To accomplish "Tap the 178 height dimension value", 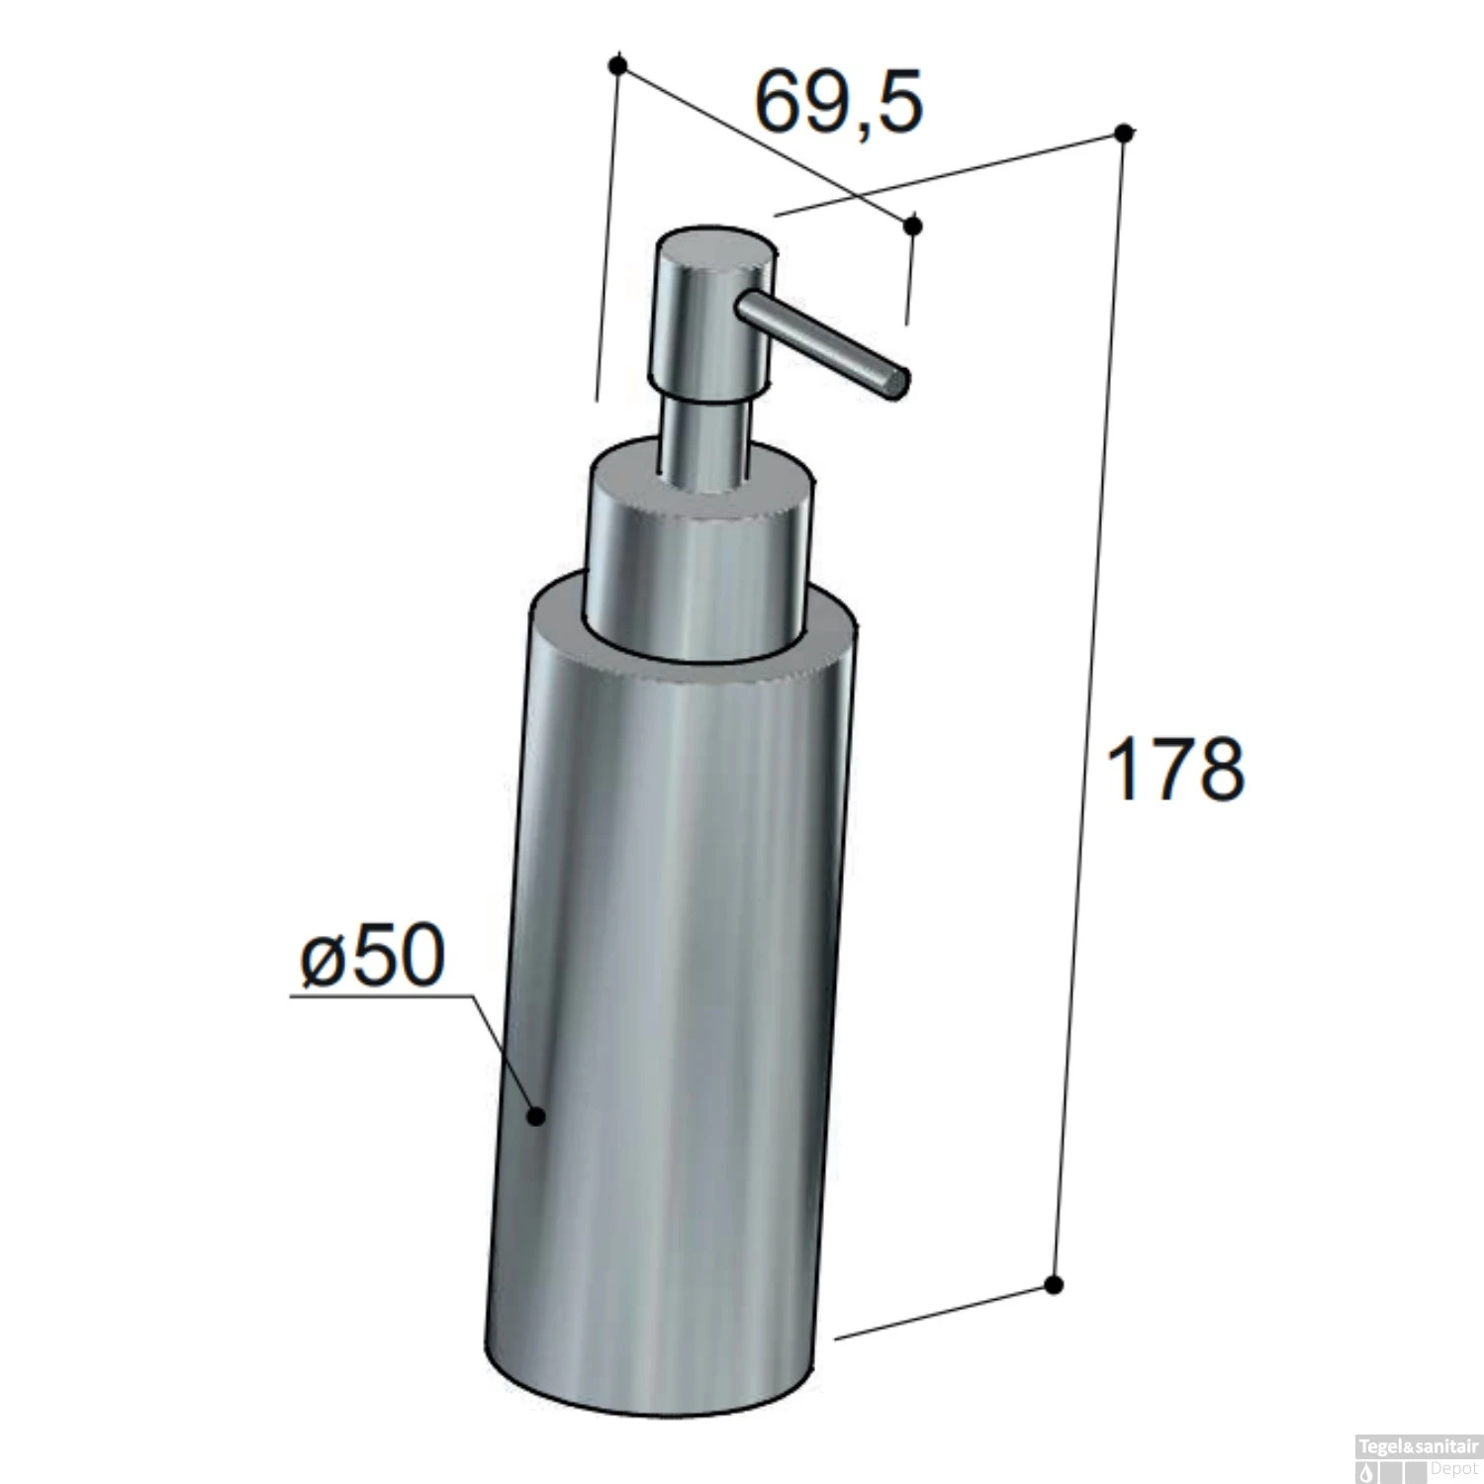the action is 1175,769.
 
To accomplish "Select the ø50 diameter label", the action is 372,957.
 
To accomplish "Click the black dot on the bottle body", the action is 536,1116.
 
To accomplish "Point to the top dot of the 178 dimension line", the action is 1123,134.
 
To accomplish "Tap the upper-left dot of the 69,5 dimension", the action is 618,66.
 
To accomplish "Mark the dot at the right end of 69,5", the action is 913,226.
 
